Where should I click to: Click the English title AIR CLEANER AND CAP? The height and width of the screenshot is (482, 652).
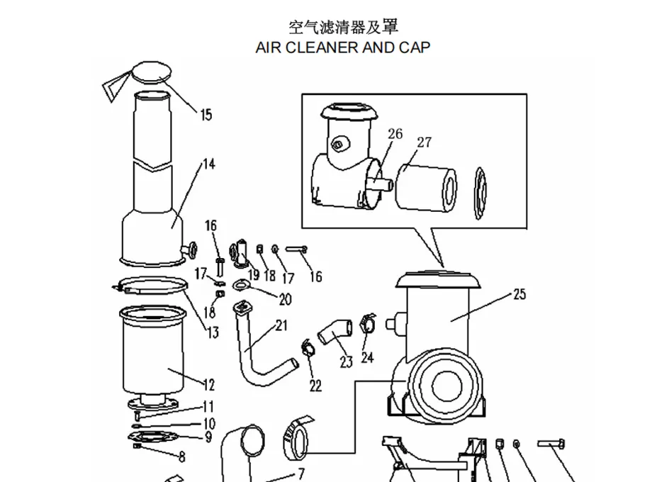point(342,48)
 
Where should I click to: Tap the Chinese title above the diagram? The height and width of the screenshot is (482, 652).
point(343,27)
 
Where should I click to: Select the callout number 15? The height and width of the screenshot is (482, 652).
point(206,114)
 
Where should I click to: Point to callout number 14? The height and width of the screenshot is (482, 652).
point(208,164)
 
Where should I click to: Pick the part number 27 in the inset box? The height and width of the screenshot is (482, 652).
point(424,142)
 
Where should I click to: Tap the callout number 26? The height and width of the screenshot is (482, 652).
point(395,134)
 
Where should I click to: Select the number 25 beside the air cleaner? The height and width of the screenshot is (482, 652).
point(519,294)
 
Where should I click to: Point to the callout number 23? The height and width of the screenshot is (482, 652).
point(346,362)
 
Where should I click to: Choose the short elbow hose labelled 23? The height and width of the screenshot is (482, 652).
point(335,331)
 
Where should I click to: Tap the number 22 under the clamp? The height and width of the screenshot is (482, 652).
point(315,385)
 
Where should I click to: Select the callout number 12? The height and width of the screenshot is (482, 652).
point(208,385)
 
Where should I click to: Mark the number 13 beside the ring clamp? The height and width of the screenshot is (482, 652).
point(213,332)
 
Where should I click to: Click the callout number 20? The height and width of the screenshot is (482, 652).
point(285,300)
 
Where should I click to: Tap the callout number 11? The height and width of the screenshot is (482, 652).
point(208,407)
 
